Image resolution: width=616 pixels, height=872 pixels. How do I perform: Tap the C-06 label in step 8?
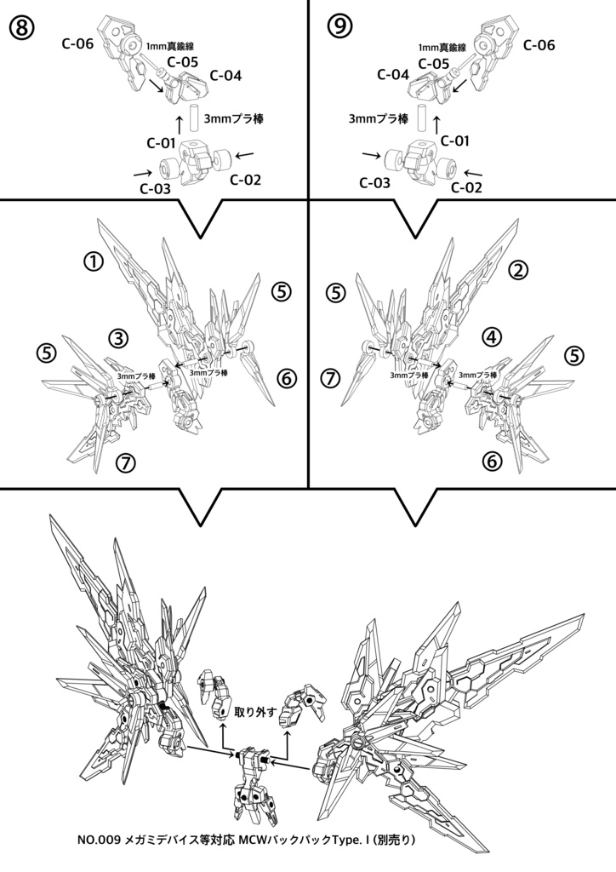[x=77, y=43]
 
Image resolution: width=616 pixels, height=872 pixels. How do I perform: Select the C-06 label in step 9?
[x=539, y=45]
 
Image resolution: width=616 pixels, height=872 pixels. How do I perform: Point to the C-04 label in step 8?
[x=225, y=76]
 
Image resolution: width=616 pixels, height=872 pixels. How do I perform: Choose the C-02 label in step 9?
[x=466, y=187]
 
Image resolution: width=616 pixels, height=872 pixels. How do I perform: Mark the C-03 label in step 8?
[x=156, y=188]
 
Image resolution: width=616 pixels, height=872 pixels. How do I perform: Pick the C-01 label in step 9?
[x=455, y=141]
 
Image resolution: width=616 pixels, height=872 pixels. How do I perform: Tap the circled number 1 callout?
[x=94, y=261]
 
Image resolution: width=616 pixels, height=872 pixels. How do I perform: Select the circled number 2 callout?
[x=518, y=270]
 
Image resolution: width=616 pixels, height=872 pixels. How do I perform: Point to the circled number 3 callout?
[x=118, y=337]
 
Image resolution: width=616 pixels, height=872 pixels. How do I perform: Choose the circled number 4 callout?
[x=492, y=336]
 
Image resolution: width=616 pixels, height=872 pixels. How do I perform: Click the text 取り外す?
[x=255, y=712]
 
